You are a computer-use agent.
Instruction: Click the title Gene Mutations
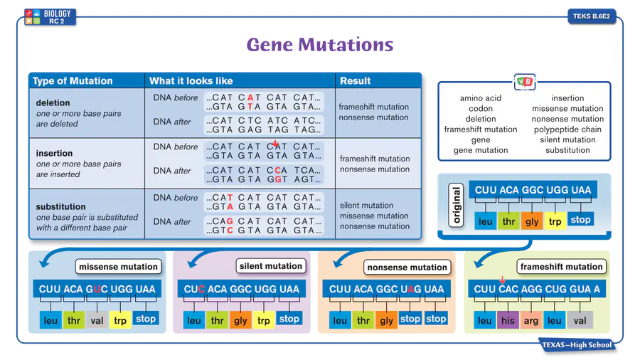pyautogui.click(x=320, y=45)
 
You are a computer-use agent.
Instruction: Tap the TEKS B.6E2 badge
pyautogui.click(x=592, y=16)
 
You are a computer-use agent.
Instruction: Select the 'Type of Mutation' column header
pyautogui.click(x=73, y=81)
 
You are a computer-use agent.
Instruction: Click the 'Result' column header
pyautogui.click(x=355, y=81)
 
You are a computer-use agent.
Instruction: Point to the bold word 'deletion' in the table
pyautogui.click(x=53, y=103)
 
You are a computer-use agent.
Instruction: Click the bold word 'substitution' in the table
pyautogui.click(x=61, y=206)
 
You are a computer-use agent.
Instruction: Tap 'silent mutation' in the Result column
pyautogui.click(x=366, y=206)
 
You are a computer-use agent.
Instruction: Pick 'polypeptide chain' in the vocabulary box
pyautogui.click(x=567, y=129)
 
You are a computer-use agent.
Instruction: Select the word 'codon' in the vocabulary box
pyautogui.click(x=481, y=109)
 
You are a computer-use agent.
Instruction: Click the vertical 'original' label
pyautogui.click(x=456, y=205)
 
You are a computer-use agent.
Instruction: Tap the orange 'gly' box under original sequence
pyautogui.click(x=532, y=221)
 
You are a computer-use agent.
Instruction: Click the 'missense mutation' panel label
pyautogui.click(x=118, y=267)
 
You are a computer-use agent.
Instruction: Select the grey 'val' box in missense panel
pyautogui.click(x=97, y=320)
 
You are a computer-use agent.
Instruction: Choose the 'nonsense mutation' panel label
pyautogui.click(x=407, y=268)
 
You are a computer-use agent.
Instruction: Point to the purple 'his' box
pyautogui.click(x=508, y=320)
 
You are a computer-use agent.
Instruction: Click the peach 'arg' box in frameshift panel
pyautogui.click(x=531, y=320)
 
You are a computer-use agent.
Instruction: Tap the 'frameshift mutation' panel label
pyautogui.click(x=561, y=267)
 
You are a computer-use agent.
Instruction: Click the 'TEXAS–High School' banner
pyautogui.click(x=577, y=345)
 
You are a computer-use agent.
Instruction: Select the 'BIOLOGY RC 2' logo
pyautogui.click(x=50, y=17)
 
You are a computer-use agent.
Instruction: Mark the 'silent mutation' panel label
pyautogui.click(x=271, y=266)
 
